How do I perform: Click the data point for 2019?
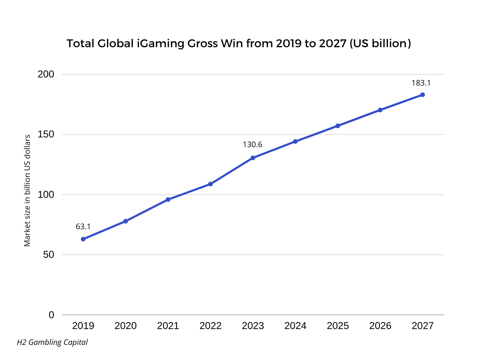tap(83, 239)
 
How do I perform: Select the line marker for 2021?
tap(168, 200)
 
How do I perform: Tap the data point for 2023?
tap(253, 158)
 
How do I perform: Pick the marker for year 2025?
tap(338, 126)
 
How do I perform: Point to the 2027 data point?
tap(422, 95)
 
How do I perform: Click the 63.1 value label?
tap(83, 226)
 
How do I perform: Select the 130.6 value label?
tap(252, 145)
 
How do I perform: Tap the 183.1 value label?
tap(421, 83)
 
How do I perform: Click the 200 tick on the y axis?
tap(46, 74)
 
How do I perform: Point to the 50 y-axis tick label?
tap(48, 255)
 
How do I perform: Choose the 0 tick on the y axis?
tap(51, 315)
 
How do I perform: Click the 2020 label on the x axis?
tap(125, 326)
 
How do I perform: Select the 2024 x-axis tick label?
tap(295, 326)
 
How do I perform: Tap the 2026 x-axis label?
tap(380, 326)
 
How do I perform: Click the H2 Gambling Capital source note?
tap(52, 342)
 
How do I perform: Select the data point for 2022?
tap(210, 184)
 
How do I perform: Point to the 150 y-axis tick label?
tap(46, 135)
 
